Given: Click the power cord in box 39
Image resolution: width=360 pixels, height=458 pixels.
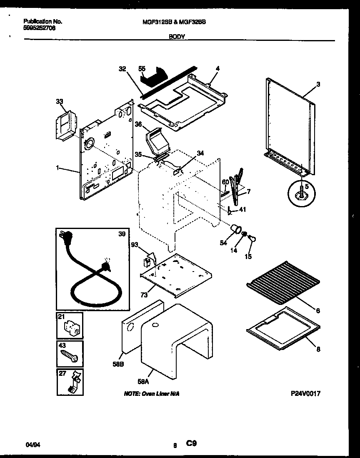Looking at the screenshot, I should point(90,275).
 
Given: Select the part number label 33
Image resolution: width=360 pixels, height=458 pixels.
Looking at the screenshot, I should point(60,101).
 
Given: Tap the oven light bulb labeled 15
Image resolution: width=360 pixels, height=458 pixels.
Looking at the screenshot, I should point(251,238).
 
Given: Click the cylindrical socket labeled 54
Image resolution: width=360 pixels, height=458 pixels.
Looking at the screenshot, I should point(236,228).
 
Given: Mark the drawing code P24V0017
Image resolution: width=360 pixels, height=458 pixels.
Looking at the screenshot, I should point(305,393).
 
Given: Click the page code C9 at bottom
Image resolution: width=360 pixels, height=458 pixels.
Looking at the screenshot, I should point(191,444).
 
